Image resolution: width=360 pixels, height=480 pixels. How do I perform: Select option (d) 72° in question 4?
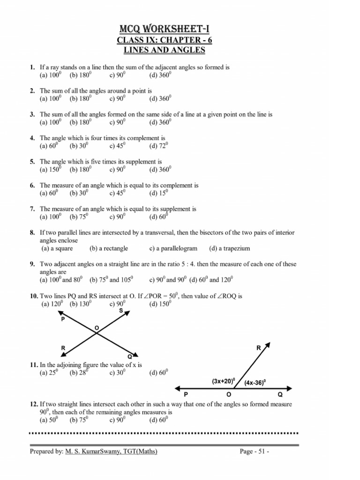pyautogui.click(x=158, y=146)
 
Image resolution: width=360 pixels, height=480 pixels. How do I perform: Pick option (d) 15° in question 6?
pyautogui.click(x=158, y=193)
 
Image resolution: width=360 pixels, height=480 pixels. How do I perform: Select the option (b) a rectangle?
pyautogui.click(x=109, y=248)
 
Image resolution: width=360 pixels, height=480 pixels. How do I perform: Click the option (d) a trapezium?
pyautogui.click(x=230, y=248)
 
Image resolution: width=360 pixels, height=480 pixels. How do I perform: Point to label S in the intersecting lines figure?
pyautogui.click(x=121, y=310)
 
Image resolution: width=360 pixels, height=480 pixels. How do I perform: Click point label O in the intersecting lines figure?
pyautogui.click(x=97, y=327)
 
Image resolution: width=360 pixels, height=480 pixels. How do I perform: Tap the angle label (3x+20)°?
pyautogui.click(x=223, y=382)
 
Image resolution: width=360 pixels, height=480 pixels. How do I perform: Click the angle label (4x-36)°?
pyautogui.click(x=255, y=382)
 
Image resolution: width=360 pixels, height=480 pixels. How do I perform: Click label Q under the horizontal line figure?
pyautogui.click(x=280, y=395)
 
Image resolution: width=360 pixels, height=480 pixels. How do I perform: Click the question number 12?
pyautogui.click(x=33, y=404)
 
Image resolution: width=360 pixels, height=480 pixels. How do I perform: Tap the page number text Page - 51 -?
pyautogui.click(x=254, y=451)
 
